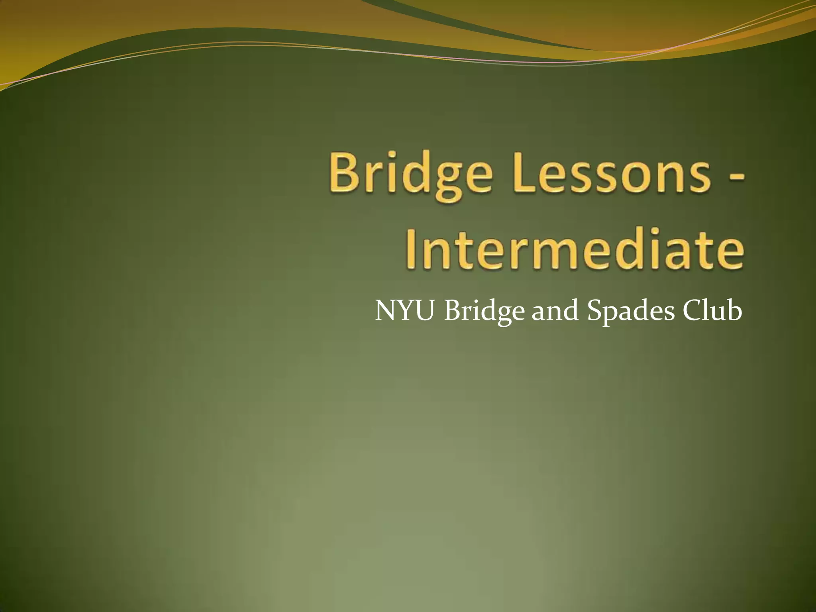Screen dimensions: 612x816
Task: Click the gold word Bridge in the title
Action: [409, 175]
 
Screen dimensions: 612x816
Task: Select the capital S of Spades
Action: [594, 311]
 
